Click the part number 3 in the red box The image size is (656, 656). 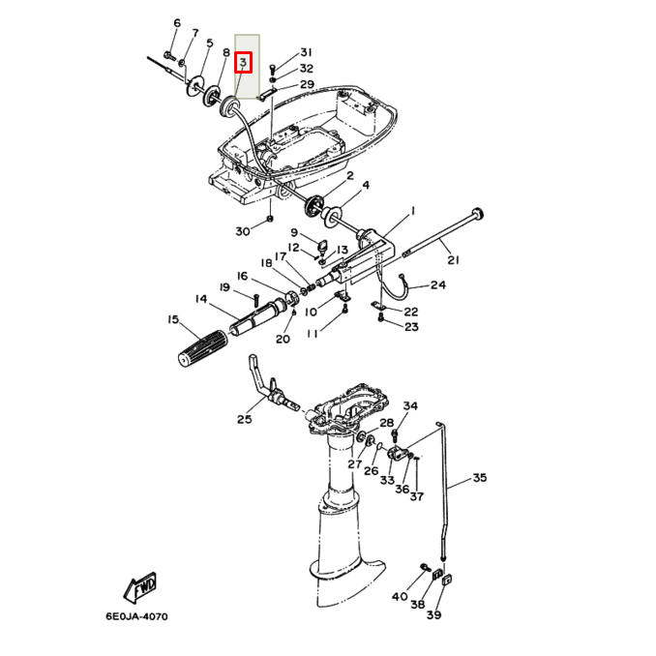click(x=244, y=63)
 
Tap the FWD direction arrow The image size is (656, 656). click(x=142, y=585)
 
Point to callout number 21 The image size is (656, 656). click(x=453, y=259)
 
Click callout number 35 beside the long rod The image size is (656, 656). click(x=480, y=478)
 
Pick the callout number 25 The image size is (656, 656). click(x=243, y=419)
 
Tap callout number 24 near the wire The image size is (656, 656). click(x=438, y=285)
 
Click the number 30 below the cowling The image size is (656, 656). click(x=242, y=230)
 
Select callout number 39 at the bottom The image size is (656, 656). click(x=433, y=615)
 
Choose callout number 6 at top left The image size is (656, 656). click(x=176, y=23)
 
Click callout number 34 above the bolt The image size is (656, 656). click(x=410, y=405)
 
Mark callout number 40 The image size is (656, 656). click(x=400, y=597)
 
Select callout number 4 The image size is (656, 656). click(x=366, y=185)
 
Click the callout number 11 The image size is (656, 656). click(x=313, y=334)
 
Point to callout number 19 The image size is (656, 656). click(x=224, y=287)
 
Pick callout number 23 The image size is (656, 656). click(x=411, y=327)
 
